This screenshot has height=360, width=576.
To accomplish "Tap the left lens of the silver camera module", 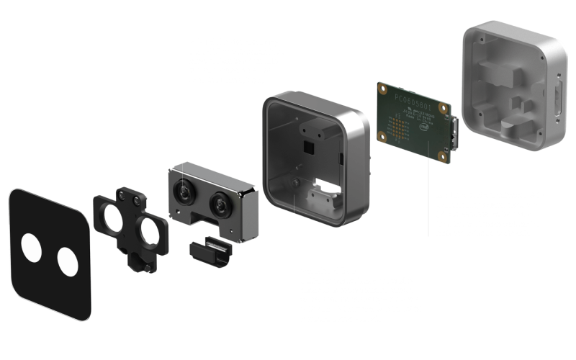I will click(184, 191).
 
